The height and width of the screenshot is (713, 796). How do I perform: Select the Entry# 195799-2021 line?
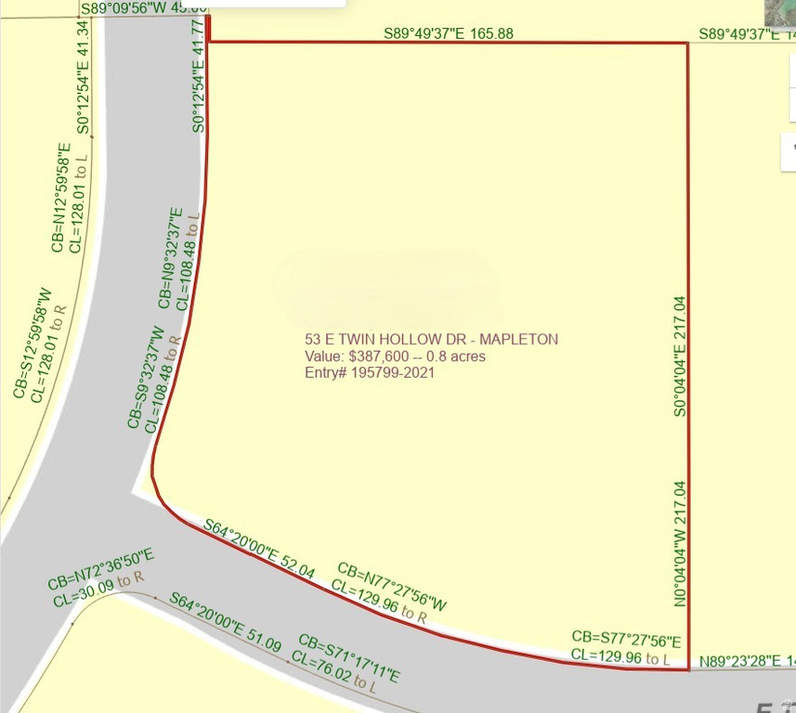click(x=370, y=373)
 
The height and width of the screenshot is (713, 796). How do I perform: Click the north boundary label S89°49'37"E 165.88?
click(x=449, y=34)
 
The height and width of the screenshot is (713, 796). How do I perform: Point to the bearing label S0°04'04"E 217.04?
click(x=680, y=356)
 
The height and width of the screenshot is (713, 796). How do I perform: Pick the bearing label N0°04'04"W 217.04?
click(x=680, y=543)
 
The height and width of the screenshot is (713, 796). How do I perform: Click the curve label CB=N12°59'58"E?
click(x=59, y=197)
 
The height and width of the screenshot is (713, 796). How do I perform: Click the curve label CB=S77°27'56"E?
click(x=626, y=641)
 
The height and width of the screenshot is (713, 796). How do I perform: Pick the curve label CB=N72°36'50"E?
click(x=102, y=569)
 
